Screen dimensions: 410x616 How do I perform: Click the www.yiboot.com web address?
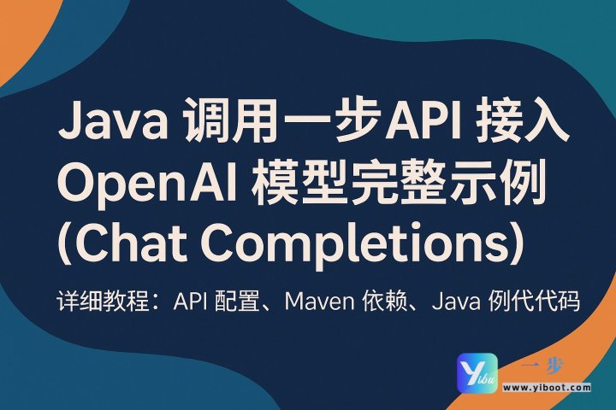(x=548, y=387)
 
